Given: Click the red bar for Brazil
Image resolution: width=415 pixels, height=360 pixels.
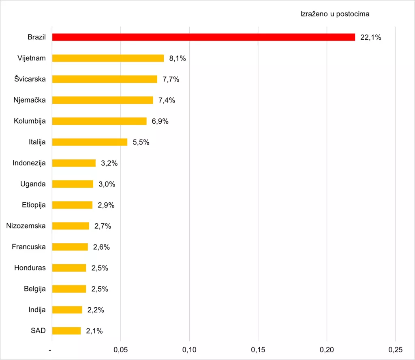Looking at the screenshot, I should (203, 37).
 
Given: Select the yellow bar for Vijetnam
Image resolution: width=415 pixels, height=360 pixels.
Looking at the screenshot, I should (108, 58).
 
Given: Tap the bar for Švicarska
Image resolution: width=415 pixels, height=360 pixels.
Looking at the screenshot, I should (105, 79).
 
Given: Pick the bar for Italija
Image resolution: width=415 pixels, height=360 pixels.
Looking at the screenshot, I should (90, 142).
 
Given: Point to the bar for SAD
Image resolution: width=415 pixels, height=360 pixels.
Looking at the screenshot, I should (66, 331).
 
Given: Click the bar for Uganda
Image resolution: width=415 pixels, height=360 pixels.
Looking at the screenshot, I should (73, 184).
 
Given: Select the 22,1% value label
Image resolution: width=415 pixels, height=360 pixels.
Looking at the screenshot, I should (370, 38).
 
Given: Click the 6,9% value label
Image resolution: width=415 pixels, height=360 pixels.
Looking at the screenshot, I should (160, 121).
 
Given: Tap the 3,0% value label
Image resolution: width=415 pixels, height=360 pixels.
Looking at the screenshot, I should (107, 184).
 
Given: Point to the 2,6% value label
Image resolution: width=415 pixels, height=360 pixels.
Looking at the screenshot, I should (101, 247).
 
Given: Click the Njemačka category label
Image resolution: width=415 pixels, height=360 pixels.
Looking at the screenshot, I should (30, 100).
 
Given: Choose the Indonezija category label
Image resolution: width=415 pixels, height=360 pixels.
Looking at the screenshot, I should (29, 163).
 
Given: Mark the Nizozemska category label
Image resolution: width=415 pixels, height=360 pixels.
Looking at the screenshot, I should (26, 226).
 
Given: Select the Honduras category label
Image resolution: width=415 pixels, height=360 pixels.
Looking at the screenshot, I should (30, 268).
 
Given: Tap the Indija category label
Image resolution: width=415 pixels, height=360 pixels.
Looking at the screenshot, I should (37, 310).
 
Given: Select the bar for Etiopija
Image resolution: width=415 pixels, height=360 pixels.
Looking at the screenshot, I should (72, 205).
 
